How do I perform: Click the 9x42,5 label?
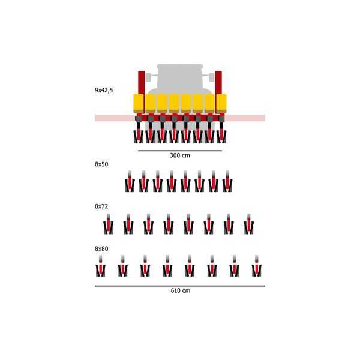pyautogui.click(x=104, y=90)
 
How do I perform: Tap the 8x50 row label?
pyautogui.click(x=101, y=164)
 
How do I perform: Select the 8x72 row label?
pyautogui.click(x=101, y=206)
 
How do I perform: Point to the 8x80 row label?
pyautogui.click(x=101, y=248)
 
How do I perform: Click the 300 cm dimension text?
pyautogui.click(x=180, y=155)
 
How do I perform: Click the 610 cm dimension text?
pyautogui.click(x=180, y=290)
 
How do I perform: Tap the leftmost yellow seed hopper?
pyautogui.click(x=139, y=104)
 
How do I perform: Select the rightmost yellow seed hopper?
pyautogui.click(x=221, y=104)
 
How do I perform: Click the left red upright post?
pyautogui.click(x=142, y=83)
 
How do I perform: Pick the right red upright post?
pyautogui.click(x=218, y=83)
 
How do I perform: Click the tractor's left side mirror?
pyautogui.click(x=148, y=77)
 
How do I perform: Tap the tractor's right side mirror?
pyautogui.click(x=211, y=77)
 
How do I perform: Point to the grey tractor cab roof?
pyautogui.click(x=180, y=67)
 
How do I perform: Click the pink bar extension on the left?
pyautogui.click(x=115, y=118)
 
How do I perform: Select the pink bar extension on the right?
pyautogui.click(x=245, y=118)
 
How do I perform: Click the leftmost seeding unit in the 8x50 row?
pyautogui.click(x=130, y=182)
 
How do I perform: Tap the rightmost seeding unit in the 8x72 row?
pyautogui.click(x=249, y=224)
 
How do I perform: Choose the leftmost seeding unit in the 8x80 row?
pyautogui.click(x=100, y=266)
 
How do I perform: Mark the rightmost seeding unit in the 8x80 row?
pyautogui.click(x=256, y=266)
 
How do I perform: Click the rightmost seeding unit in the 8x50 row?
pyautogui.click(x=227, y=182)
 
